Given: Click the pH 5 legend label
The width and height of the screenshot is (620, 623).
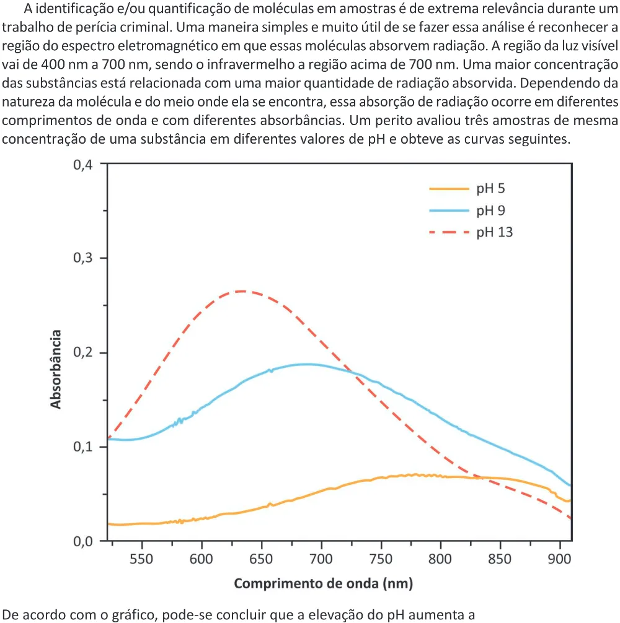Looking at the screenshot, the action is [x=491, y=189].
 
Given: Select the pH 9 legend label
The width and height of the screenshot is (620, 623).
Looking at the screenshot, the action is [x=491, y=211].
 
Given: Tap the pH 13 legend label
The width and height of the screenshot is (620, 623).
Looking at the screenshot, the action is [x=495, y=232].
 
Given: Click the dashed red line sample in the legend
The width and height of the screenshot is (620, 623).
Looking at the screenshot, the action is [x=449, y=232].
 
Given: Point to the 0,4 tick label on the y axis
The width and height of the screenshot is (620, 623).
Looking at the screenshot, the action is [x=82, y=165].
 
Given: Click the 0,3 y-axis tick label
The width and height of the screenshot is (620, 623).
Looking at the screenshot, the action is [x=82, y=258].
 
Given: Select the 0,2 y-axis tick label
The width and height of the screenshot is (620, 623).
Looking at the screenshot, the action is [x=82, y=352].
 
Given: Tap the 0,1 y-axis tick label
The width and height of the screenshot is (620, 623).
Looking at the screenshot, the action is [x=82, y=447].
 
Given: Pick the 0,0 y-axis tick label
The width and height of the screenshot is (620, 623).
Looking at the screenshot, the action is [x=82, y=541].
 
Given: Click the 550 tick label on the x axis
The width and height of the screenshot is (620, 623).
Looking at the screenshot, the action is [x=141, y=559].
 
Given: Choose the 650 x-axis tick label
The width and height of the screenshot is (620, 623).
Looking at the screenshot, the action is [x=261, y=559].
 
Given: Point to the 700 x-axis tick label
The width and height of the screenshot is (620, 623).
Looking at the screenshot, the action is [x=321, y=559].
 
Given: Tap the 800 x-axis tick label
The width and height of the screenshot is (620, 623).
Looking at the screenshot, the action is [x=440, y=559].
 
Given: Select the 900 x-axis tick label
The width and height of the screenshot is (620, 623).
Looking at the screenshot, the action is [x=560, y=559].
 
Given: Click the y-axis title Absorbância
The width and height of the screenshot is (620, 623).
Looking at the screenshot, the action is [x=56, y=369].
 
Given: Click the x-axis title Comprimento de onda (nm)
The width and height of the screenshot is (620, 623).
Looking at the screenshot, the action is [x=323, y=583].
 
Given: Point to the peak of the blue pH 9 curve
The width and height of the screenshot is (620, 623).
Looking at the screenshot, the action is [x=306, y=364].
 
